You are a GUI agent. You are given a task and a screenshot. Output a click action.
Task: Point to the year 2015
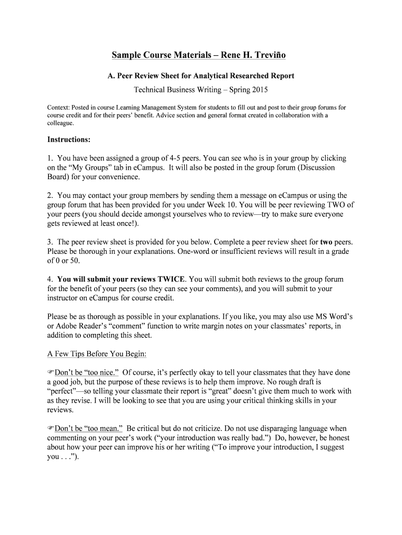(259, 90)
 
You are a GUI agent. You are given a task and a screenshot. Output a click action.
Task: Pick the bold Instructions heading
(69, 139)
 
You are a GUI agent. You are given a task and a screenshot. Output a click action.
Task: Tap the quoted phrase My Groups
(89, 168)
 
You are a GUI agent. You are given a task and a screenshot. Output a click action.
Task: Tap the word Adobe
(67, 326)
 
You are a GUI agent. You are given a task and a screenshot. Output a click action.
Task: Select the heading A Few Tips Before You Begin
(97, 354)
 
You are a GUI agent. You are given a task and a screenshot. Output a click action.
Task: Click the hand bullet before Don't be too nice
(51, 373)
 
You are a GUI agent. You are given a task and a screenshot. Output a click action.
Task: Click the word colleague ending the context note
(60, 124)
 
